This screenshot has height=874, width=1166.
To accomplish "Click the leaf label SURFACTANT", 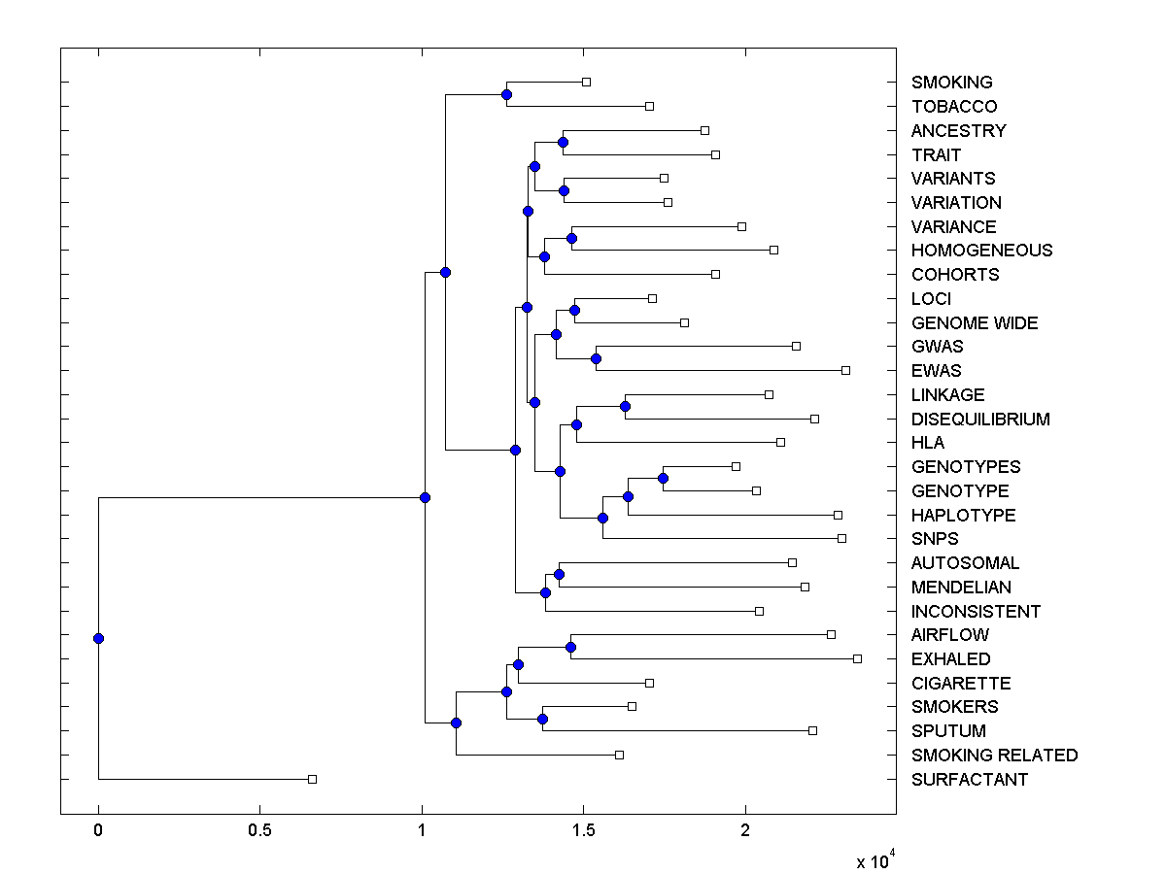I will click(969, 780).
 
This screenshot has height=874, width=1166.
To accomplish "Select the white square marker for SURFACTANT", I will click(312, 779).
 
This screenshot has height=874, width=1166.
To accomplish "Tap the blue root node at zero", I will click(98, 638).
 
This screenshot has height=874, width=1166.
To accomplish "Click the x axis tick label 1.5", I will click(583, 831).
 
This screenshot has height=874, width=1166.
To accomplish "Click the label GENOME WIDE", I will click(975, 323).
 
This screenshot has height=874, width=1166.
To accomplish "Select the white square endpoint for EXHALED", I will click(857, 658).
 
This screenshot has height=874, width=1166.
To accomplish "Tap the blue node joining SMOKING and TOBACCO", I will click(506, 94).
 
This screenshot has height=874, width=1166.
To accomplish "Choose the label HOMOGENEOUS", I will click(981, 251).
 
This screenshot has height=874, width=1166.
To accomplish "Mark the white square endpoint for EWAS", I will click(845, 370).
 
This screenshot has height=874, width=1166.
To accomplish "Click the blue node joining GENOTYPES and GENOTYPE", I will click(663, 478).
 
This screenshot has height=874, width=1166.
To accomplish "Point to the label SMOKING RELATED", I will click(994, 756).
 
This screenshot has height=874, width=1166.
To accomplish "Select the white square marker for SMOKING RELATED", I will click(619, 755).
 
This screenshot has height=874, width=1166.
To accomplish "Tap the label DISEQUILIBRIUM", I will click(980, 420).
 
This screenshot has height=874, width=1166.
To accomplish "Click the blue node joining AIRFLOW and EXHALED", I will click(570, 647).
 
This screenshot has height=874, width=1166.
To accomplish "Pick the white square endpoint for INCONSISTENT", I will click(759, 611).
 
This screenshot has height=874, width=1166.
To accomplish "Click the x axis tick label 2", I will click(745, 831).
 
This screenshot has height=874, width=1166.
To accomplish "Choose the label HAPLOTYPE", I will click(963, 516).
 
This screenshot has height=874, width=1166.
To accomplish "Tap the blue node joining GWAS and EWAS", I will click(596, 358).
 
